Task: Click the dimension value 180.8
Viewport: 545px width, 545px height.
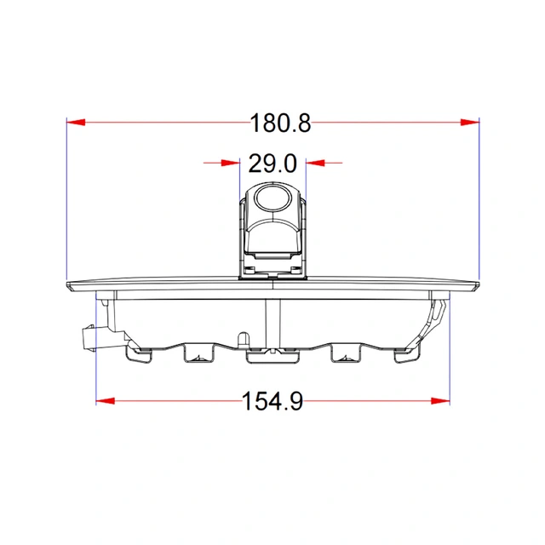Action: pos(280,123)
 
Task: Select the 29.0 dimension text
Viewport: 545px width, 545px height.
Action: pos(272,162)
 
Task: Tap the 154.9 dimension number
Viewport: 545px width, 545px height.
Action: pos(272,400)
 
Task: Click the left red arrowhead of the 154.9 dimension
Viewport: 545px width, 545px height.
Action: pos(106,400)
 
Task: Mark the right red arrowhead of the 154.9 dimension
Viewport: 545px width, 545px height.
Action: pos(439,400)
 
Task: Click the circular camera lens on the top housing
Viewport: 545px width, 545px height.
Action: pos(272,198)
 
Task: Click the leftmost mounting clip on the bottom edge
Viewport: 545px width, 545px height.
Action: pos(139,353)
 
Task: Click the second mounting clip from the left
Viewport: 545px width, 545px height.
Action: pos(198,354)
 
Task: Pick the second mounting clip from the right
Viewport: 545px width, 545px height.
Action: pos(345,354)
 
